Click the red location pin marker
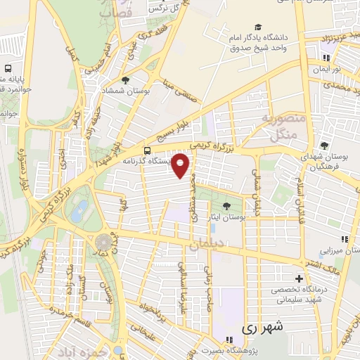(x=181, y=165)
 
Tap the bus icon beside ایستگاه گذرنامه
(x=147, y=150)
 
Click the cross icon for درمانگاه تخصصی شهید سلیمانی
(x=300, y=279)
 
